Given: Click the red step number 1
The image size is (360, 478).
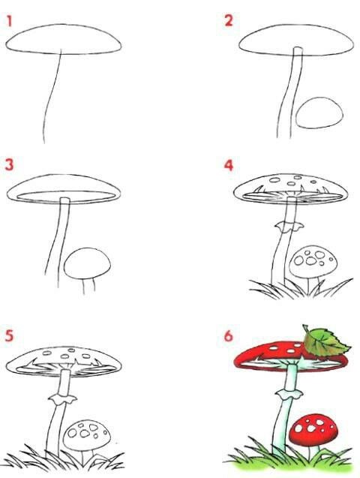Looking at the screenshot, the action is (x=9, y=21).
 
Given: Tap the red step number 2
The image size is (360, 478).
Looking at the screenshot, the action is (x=229, y=21).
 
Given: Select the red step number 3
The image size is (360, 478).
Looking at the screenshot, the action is (x=10, y=164).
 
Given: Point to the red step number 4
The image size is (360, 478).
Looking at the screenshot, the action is (x=229, y=165).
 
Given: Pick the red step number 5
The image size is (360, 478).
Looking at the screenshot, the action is (x=9, y=335).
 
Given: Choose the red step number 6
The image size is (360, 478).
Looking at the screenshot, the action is (x=229, y=336).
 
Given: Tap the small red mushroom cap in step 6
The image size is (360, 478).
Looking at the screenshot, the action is (x=313, y=429).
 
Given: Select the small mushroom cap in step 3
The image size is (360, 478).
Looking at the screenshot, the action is (x=87, y=263).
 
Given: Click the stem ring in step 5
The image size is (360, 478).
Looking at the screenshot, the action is (x=62, y=398).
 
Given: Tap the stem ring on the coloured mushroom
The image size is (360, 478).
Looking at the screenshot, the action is (x=289, y=394).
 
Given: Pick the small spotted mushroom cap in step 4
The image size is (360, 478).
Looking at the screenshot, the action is (x=313, y=262).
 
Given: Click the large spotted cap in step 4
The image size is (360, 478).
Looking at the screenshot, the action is (x=291, y=188).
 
